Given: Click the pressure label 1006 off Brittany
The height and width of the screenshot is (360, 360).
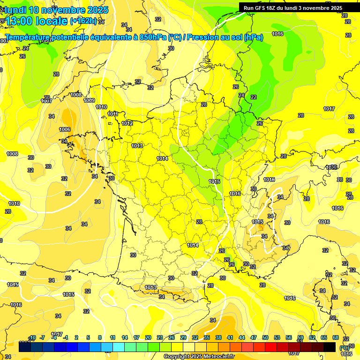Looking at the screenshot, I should [65, 129].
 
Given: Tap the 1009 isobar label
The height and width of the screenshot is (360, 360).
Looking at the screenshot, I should [89, 100].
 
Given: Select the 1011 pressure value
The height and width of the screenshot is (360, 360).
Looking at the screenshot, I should [112, 114].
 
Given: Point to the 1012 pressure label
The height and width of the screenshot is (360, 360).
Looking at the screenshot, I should [127, 123].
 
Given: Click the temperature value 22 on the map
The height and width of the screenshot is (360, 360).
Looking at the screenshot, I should [254, 97].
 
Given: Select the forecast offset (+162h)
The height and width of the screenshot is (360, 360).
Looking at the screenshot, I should [83, 21].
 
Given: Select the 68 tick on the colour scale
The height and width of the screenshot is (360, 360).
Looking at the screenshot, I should [335, 337].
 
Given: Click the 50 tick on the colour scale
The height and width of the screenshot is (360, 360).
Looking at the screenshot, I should [265, 337].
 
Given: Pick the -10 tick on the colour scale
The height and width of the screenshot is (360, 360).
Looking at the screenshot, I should [32, 337].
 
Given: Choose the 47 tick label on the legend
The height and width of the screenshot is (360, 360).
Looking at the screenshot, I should [254, 337].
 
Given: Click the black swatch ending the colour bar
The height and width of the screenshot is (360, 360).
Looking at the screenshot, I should [330, 347].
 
